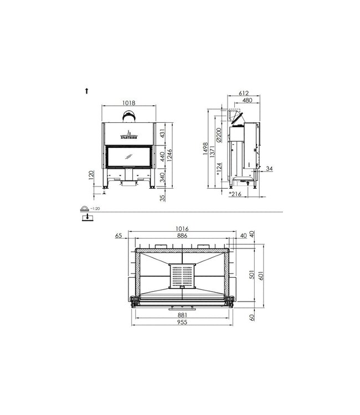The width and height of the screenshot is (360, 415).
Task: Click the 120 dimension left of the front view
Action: pos(91,177)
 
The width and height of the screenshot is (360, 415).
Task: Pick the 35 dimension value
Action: pos(163,198)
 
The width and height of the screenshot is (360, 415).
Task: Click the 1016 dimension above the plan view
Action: pos(183,227)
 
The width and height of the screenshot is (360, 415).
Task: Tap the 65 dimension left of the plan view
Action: pos(119,235)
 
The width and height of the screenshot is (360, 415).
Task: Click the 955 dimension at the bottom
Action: pos(183,323)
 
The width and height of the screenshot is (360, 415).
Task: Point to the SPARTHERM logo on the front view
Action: pos(128,136)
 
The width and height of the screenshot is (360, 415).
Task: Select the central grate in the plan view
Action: pos(182,276)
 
